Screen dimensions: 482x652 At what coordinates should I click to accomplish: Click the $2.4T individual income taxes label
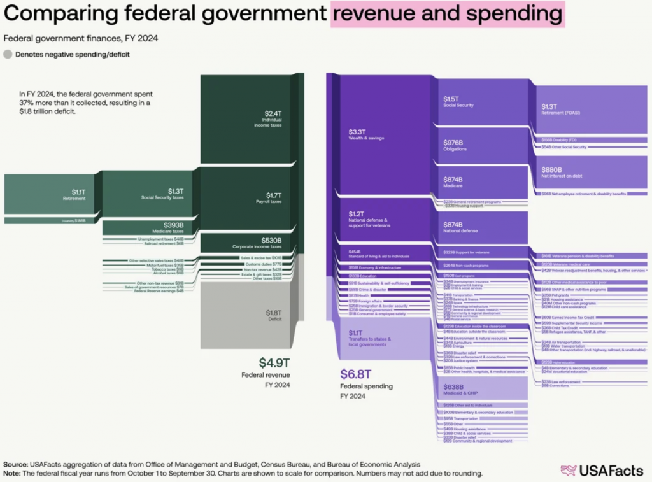[272, 118]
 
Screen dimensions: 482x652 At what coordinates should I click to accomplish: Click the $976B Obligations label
[455, 145]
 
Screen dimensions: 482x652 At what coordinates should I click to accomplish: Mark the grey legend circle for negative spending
[8, 55]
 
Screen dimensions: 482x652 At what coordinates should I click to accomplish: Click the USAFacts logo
[601, 471]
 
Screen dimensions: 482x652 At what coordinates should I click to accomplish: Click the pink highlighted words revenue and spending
[447, 15]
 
